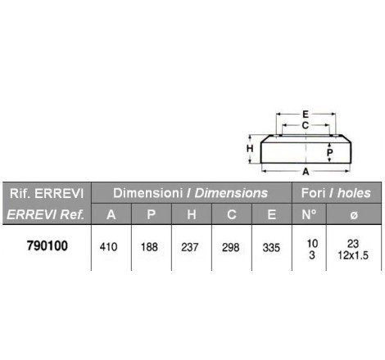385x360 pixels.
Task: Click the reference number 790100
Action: (x=48, y=245)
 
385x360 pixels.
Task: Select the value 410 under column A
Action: (x=108, y=247)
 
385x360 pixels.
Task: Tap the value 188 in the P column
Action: (x=149, y=247)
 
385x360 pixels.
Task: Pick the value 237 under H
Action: (x=190, y=247)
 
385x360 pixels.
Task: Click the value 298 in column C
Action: (x=231, y=247)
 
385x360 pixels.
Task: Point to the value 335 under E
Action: (x=271, y=248)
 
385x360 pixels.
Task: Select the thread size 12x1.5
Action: (x=353, y=255)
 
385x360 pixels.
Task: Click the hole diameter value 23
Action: (x=353, y=244)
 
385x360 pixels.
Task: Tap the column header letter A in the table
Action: (x=111, y=214)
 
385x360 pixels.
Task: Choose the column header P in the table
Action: (x=152, y=214)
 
